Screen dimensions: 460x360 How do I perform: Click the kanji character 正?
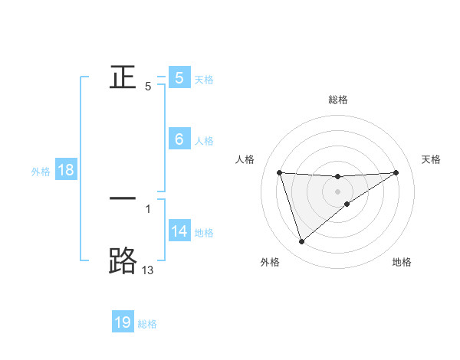tap(123, 77)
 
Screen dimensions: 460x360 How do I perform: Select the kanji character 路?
tap(123, 260)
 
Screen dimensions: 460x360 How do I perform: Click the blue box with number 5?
tap(179, 78)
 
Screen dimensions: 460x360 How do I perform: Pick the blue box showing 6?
tap(179, 139)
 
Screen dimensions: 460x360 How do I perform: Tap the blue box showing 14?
tap(179, 231)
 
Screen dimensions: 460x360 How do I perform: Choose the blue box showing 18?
tap(65, 170)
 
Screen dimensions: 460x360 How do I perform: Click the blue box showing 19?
tap(123, 322)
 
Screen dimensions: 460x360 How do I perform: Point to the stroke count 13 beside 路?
tap(147, 270)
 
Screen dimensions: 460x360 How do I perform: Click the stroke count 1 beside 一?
tap(148, 208)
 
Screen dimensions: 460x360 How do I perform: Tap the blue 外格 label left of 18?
tap(41, 172)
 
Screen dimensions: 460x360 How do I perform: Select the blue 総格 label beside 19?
tap(147, 324)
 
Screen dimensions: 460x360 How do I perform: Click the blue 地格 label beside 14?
tap(204, 232)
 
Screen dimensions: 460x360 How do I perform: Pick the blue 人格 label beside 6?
tap(204, 141)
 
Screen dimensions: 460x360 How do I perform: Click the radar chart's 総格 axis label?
tap(338, 100)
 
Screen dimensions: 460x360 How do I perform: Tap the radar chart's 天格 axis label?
tap(432, 159)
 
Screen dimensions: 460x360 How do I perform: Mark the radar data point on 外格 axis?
tap(301, 242)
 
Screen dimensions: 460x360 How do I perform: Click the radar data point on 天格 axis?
tap(396, 172)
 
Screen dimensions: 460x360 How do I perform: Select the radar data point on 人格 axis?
tap(280, 172)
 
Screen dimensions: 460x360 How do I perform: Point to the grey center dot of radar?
tap(338, 191)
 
